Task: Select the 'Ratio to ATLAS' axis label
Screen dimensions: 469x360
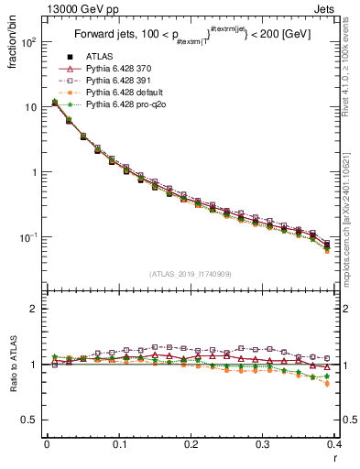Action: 12,365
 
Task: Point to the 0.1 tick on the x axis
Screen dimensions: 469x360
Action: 119,444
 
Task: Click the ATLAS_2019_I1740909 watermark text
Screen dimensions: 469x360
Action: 190,274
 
